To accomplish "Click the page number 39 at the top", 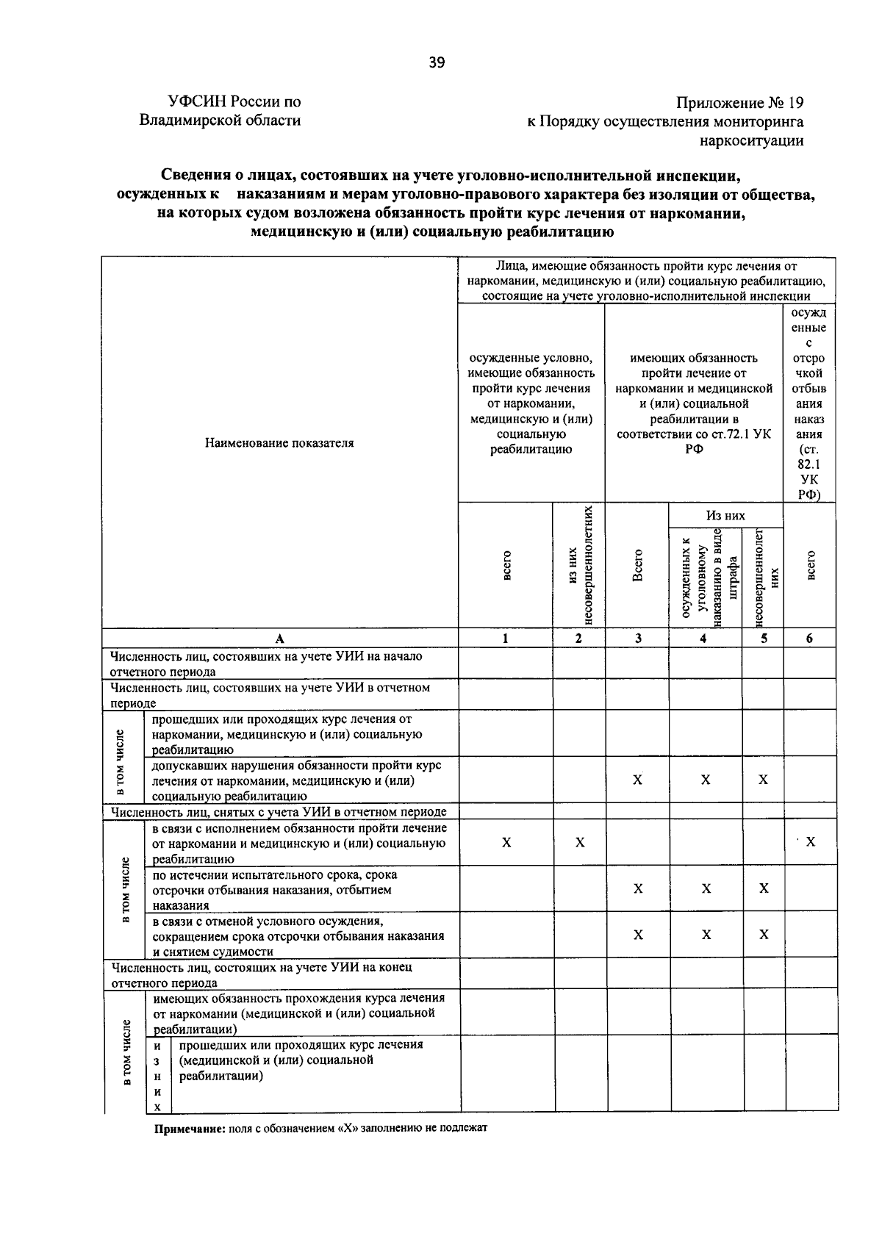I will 437,63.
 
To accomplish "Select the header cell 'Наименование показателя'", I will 279,443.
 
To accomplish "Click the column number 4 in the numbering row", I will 704,639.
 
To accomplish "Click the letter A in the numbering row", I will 279,639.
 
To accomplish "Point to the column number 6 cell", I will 809,639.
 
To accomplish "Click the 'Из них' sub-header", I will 725,515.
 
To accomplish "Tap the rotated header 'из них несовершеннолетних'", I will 578,566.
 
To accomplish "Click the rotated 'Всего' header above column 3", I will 637,566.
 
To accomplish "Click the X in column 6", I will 810,842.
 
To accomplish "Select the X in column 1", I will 506,842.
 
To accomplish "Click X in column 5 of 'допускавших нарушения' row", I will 763,780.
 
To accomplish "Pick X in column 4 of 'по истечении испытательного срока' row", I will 706,889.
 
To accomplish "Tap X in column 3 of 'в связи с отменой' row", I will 638,935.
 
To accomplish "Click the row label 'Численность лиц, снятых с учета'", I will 278,812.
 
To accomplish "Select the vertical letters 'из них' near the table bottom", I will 157,1076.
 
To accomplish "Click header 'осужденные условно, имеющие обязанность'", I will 531,403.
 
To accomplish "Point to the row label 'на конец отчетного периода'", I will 261,974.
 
